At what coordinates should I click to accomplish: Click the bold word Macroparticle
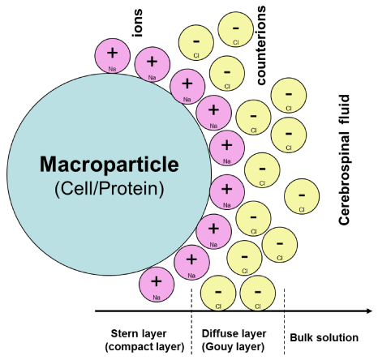(110, 164)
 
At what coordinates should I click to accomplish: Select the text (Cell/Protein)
(110, 188)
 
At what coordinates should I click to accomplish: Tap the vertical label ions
(137, 24)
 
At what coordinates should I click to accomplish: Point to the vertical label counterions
(261, 45)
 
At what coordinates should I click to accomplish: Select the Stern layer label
(139, 333)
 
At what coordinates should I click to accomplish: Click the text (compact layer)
(144, 346)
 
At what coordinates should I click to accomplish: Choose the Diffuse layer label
(234, 333)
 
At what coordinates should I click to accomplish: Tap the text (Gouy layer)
(233, 346)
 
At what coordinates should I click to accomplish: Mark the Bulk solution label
(324, 337)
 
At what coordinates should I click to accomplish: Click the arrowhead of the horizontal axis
(369, 311)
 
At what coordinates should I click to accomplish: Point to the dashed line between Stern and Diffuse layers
(191, 321)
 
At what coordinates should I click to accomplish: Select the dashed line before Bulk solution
(284, 321)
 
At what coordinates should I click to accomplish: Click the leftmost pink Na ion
(112, 56)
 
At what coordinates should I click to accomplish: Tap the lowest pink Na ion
(157, 285)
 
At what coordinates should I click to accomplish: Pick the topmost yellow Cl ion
(236, 29)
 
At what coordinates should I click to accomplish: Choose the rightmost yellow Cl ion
(302, 196)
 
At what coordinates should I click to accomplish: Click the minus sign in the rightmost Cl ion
(302, 195)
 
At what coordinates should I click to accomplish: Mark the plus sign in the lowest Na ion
(157, 281)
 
